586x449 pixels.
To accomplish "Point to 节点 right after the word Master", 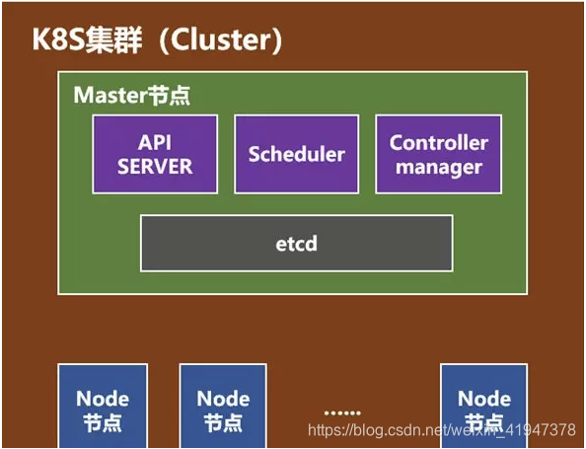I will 169,96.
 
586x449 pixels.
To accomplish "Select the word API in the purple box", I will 154,142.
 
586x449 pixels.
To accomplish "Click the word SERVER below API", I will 154,166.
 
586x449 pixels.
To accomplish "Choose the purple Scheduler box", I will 297,154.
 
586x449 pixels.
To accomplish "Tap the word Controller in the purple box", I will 439,142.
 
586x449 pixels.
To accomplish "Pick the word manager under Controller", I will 439,167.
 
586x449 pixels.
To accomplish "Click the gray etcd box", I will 296,243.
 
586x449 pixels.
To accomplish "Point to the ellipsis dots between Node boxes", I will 342,411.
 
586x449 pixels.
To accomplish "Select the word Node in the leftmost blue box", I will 103,399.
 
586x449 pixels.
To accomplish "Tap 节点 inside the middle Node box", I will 223,422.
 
